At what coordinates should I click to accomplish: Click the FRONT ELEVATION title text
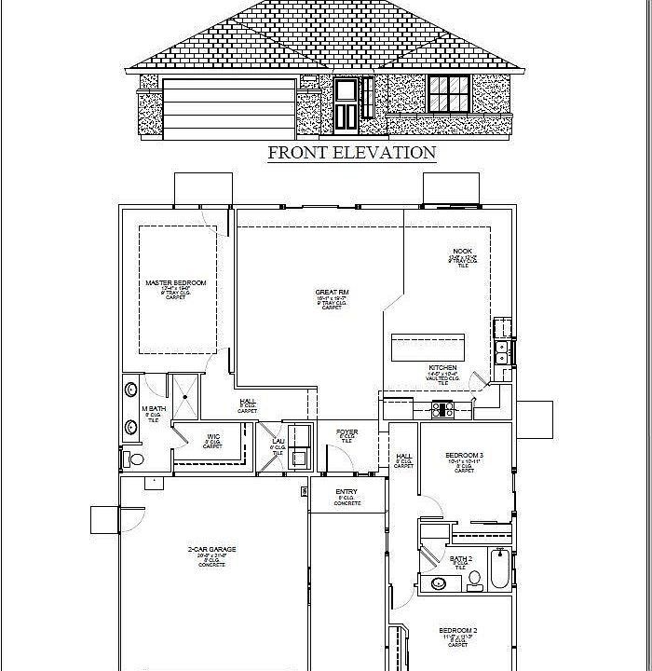pyautogui.click(x=351, y=153)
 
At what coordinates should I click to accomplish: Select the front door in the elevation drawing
pyautogui.click(x=346, y=104)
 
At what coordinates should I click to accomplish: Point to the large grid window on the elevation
pyautogui.click(x=450, y=94)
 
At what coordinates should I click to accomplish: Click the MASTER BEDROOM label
pyautogui.click(x=175, y=282)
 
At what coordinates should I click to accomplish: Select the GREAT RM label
pyautogui.click(x=332, y=293)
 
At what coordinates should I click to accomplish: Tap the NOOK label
pyautogui.click(x=463, y=252)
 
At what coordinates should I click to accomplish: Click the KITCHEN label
pyautogui.click(x=442, y=368)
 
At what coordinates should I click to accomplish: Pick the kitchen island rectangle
pyautogui.click(x=428, y=347)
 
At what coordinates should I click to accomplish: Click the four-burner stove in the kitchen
pyautogui.click(x=441, y=407)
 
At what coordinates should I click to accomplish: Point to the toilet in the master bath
pyautogui.click(x=136, y=459)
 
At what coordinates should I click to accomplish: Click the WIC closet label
pyautogui.click(x=213, y=437)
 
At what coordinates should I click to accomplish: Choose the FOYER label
pyautogui.click(x=347, y=432)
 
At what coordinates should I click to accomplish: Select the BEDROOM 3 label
pyautogui.click(x=464, y=456)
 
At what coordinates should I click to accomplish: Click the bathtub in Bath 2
pyautogui.click(x=499, y=571)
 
